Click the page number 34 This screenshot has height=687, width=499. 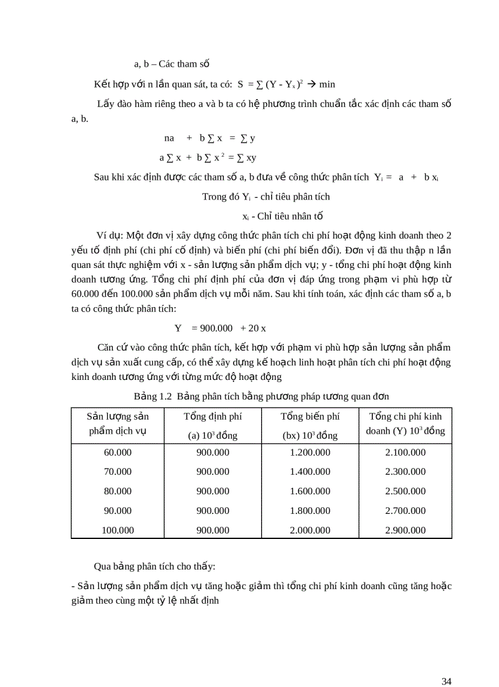[446, 664]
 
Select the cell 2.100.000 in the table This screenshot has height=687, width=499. [405, 453]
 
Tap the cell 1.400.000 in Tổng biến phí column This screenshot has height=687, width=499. [309, 472]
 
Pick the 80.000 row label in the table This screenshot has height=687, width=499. [118, 491]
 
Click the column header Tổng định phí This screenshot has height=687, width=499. [213, 417]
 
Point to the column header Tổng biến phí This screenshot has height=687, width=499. [309, 417]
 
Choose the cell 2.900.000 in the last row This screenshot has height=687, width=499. [405, 530]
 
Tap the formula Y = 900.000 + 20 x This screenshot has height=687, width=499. [224, 328]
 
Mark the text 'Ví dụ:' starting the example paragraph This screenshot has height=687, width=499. [110, 235]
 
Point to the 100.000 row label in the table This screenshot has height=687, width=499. [118, 530]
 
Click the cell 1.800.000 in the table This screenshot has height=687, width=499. [309, 511]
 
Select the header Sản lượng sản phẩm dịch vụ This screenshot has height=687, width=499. [118, 423]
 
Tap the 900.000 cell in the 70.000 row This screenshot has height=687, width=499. [213, 472]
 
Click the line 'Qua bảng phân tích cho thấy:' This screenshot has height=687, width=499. [154, 566]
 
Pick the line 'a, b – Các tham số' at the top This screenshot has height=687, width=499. [172, 64]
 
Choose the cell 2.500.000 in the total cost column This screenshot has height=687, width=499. [405, 491]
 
